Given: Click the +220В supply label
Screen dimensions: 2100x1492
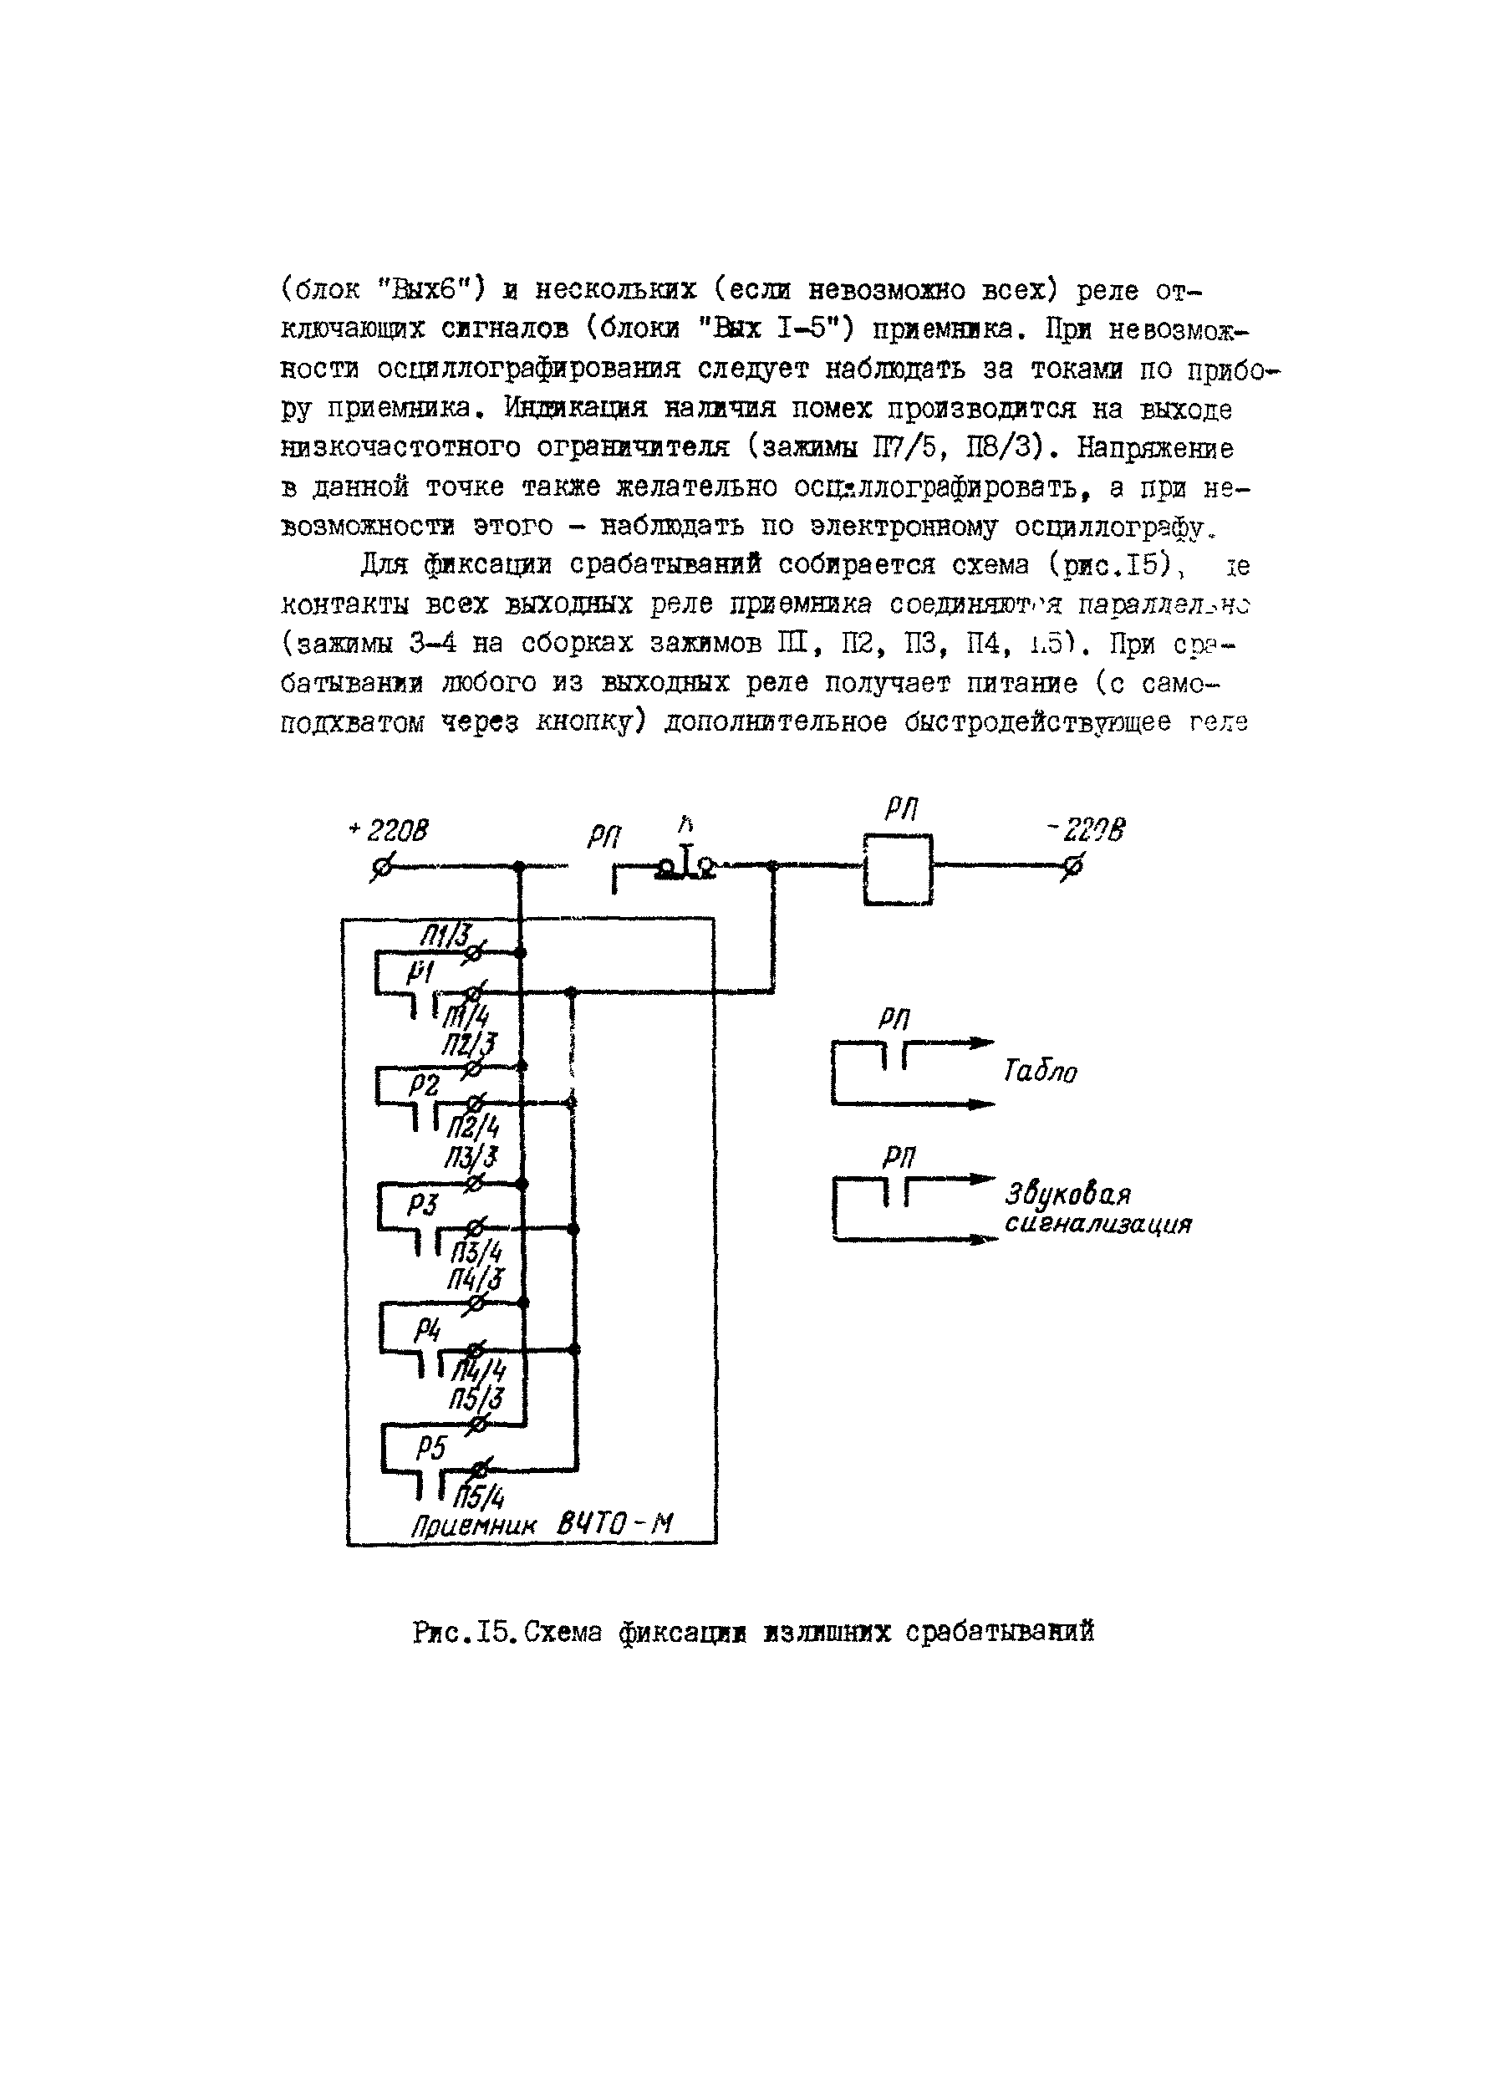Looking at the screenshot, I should [389, 830].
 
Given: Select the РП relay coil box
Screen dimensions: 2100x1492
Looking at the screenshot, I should [898, 869].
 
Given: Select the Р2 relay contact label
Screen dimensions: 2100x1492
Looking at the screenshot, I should [424, 1085].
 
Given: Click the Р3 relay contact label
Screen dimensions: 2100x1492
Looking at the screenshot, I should [424, 1205].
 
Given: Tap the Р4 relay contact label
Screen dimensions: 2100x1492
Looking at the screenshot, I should [426, 1328].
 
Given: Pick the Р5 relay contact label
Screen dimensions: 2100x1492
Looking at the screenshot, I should [429, 1449].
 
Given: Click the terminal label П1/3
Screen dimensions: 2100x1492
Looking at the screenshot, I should [446, 936].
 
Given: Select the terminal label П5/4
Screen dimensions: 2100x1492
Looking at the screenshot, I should [480, 1499].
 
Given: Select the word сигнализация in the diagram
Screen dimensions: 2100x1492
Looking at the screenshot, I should [1097, 1225].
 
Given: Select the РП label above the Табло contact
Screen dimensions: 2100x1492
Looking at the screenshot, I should [893, 1019].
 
